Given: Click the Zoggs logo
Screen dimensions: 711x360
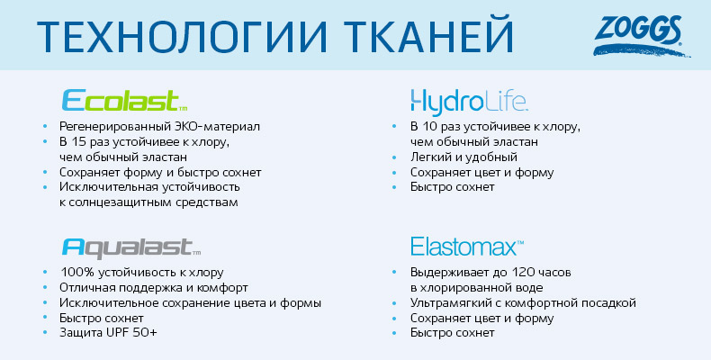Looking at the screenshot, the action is [641, 35].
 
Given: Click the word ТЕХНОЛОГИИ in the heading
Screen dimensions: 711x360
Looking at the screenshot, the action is [182, 35].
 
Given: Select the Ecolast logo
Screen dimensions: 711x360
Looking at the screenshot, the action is [124, 100].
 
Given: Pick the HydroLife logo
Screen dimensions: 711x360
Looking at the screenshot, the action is [469, 102].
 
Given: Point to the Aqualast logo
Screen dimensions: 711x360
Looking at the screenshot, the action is [131, 247].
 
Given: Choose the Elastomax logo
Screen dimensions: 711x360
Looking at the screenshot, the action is [467, 247].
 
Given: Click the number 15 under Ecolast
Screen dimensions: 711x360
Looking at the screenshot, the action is [79, 142].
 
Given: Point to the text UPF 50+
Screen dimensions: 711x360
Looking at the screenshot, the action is [131, 333].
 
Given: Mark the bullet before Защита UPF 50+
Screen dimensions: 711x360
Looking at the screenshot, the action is [45, 333].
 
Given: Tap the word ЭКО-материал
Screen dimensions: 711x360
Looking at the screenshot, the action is [218, 127].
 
